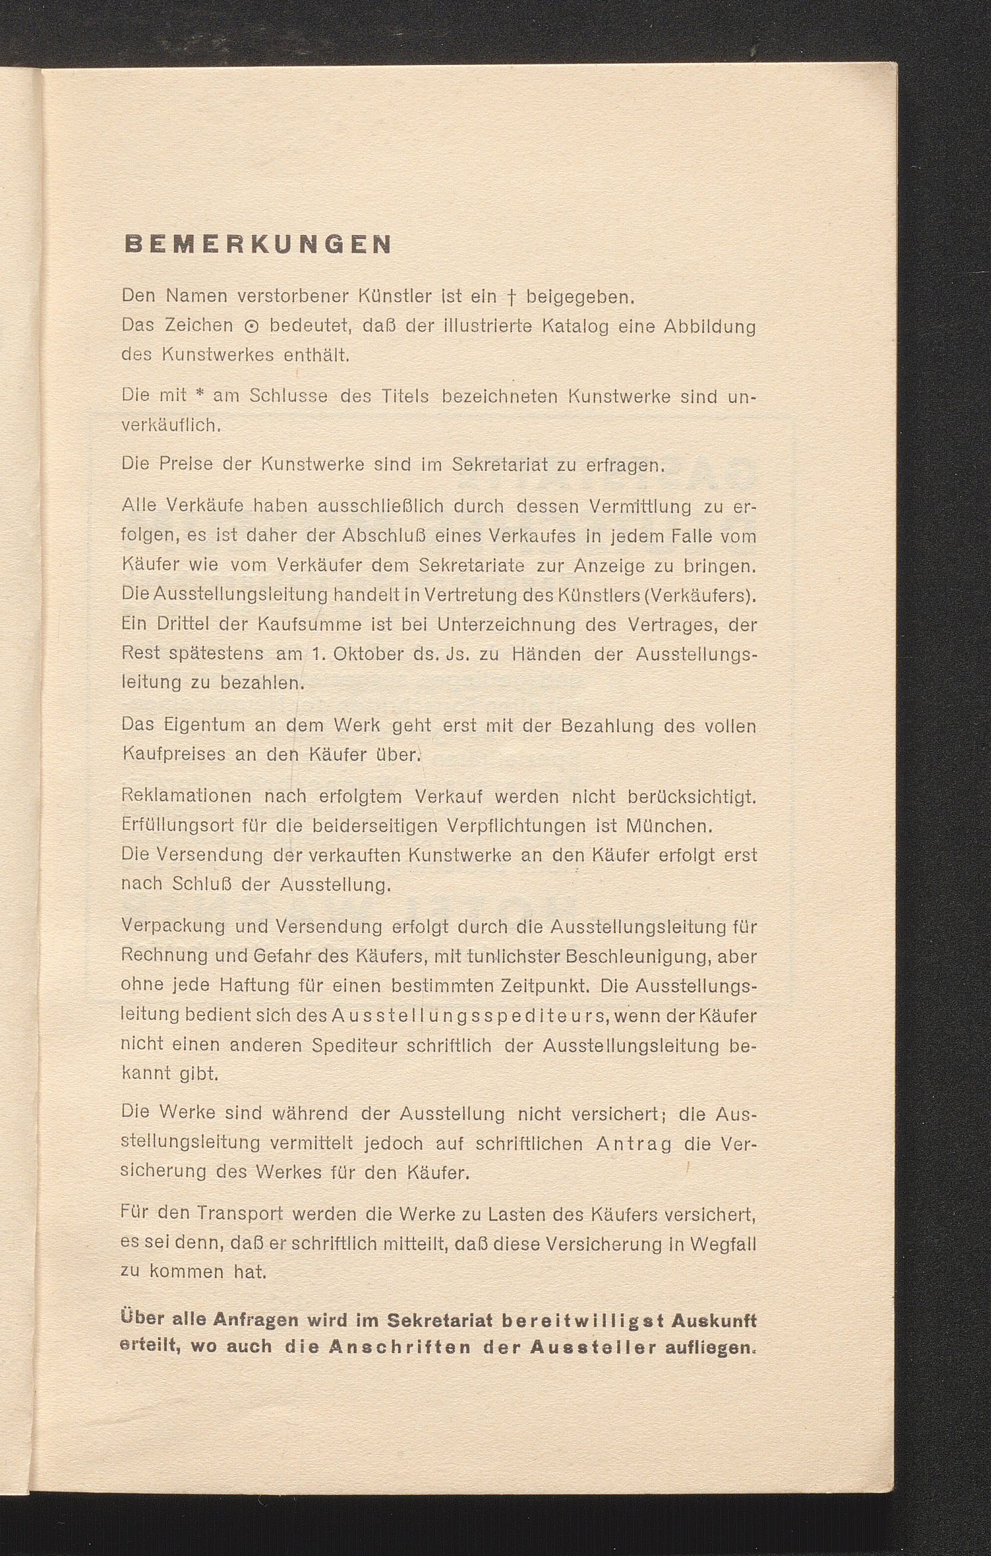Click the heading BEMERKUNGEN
point(258,244)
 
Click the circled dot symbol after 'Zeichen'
point(252,327)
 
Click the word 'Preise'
point(185,464)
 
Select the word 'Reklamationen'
point(187,796)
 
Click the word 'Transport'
point(240,1213)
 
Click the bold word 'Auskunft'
point(714,1320)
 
